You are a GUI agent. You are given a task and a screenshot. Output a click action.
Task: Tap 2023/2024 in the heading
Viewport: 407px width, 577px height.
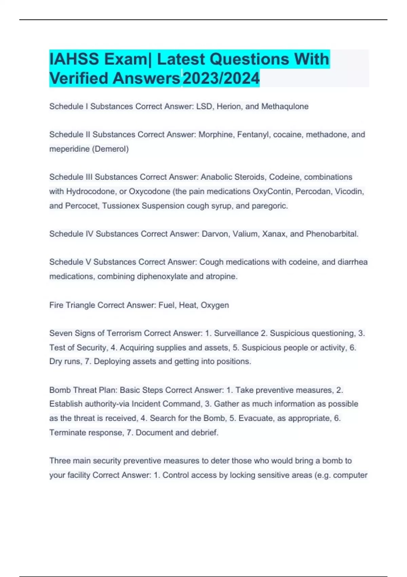221,78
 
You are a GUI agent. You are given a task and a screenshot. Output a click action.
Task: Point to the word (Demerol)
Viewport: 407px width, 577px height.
110,149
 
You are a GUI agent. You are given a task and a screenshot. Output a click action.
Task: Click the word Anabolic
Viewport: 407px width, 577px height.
216,177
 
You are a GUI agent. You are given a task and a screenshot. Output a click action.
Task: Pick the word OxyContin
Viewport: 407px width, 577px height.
273,191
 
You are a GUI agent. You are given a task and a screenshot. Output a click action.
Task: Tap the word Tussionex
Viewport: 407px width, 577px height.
121,206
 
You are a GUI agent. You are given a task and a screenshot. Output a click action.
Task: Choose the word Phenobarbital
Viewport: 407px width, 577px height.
332,234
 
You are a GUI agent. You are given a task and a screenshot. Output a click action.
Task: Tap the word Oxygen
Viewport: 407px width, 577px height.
215,305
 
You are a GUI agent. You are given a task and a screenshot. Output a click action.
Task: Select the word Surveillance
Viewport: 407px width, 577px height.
236,333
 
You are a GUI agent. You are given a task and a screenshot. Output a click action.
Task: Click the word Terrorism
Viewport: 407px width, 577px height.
124,333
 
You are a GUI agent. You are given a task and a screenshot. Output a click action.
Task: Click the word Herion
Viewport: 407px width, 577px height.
229,107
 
